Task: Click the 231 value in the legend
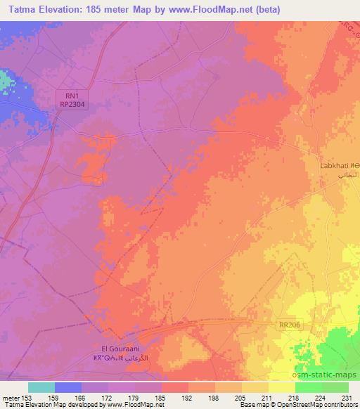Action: pyautogui.click(x=347, y=398)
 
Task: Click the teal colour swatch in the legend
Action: pyautogui.click(x=41, y=387)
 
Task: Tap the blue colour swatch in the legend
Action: pyautogui.click(x=68, y=387)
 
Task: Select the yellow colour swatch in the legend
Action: pyautogui.click(x=282, y=387)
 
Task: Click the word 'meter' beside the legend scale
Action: pyautogui.click(x=10, y=398)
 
